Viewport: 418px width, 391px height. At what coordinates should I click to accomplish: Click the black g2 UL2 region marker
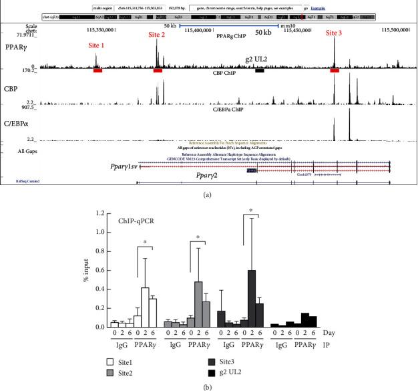(x=259, y=70)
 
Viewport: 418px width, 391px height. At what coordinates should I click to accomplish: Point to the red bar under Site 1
(x=97, y=70)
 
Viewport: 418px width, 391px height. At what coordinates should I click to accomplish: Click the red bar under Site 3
(x=335, y=70)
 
